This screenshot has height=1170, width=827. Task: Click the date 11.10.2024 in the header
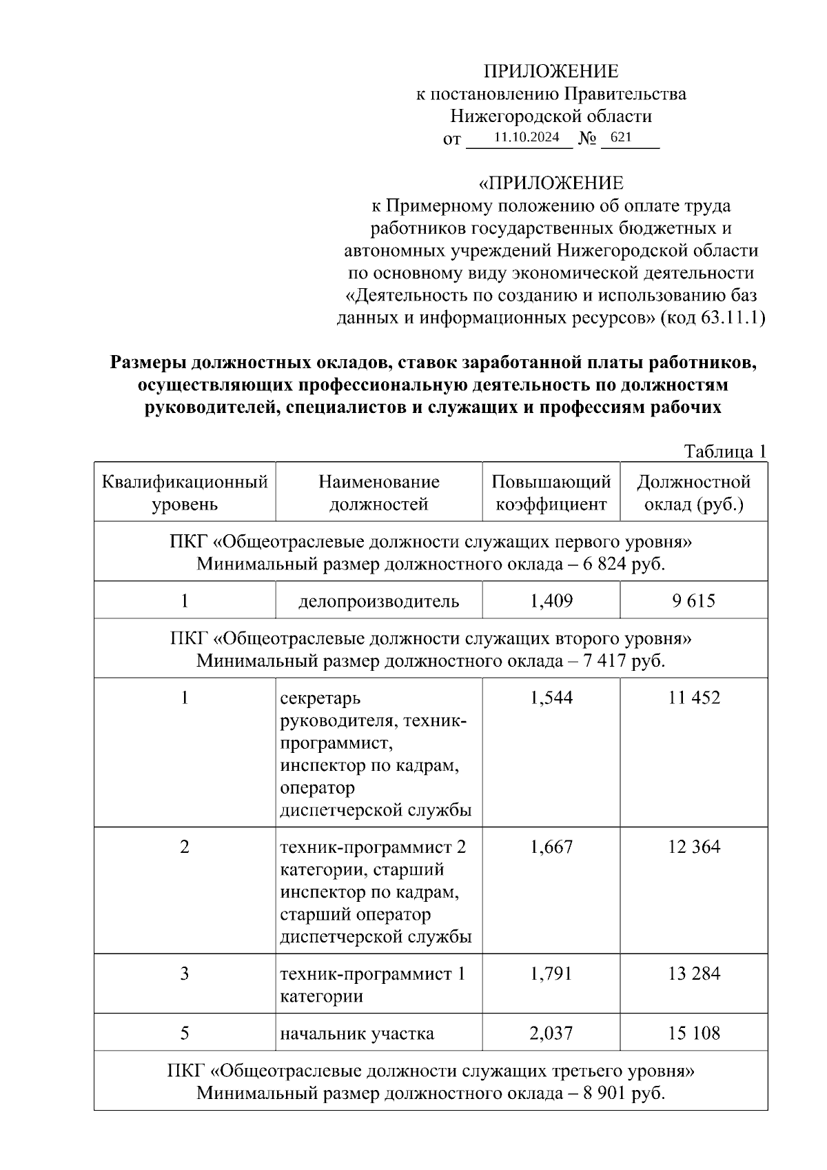click(x=527, y=137)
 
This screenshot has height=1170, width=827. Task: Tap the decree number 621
click(x=620, y=137)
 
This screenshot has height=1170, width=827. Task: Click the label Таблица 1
click(x=725, y=452)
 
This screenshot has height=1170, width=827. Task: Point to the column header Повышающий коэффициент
click(x=551, y=492)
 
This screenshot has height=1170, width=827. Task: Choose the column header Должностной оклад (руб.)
click(x=693, y=492)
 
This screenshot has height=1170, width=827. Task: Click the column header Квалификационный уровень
click(x=185, y=492)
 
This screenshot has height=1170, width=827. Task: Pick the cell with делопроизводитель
click(x=378, y=601)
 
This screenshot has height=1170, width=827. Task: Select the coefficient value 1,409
click(x=551, y=601)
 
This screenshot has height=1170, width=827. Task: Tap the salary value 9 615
click(x=694, y=601)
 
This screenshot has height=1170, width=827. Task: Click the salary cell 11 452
click(x=694, y=698)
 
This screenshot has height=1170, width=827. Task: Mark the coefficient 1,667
click(x=551, y=847)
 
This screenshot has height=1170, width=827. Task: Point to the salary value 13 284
click(x=694, y=974)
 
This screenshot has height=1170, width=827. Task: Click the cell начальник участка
click(x=357, y=1033)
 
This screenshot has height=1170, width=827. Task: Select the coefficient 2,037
click(x=551, y=1033)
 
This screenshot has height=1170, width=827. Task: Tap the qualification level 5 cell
click(x=185, y=1033)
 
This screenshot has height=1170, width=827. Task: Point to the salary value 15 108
click(x=694, y=1033)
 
